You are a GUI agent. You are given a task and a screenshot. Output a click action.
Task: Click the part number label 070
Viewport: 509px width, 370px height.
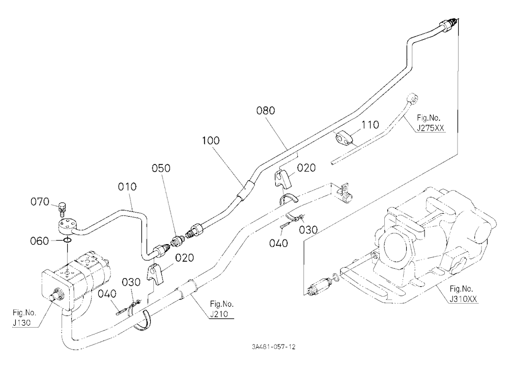(40, 202)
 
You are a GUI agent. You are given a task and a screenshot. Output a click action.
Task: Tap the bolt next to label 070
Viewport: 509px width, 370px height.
(63, 209)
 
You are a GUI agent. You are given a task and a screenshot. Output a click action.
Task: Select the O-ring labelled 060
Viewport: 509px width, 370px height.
(67, 240)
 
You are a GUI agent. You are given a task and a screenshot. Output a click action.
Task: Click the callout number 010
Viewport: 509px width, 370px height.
(127, 187)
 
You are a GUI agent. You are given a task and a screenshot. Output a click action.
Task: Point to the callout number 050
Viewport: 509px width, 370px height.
(161, 168)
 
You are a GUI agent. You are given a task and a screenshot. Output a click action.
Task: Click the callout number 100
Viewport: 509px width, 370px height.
(211, 141)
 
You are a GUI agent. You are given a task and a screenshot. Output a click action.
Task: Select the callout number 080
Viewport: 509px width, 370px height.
(266, 111)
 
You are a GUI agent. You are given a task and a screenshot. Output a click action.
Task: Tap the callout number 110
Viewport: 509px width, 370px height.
(370, 125)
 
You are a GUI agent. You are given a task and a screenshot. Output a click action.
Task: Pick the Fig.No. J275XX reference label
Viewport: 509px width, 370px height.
(431, 123)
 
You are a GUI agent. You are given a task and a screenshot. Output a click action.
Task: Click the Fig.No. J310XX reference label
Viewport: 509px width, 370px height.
(463, 294)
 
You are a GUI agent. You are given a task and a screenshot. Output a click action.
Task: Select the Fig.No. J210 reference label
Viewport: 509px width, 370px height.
(222, 309)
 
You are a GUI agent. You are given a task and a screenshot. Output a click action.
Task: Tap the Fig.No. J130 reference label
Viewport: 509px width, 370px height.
(24, 318)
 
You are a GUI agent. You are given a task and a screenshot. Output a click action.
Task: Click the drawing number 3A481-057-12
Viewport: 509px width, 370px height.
(274, 347)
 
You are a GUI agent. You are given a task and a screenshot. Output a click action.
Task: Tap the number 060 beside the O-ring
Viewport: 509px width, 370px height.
(39, 241)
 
